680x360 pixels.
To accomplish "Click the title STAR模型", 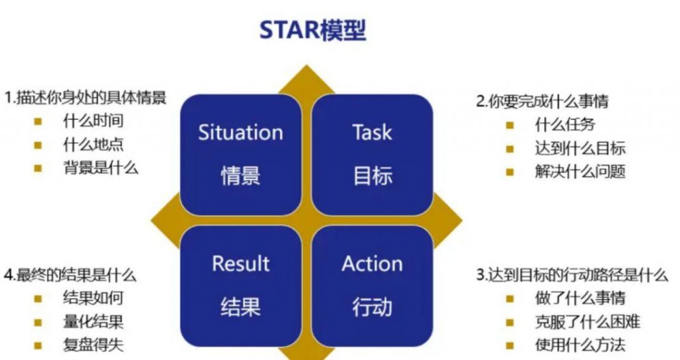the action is click(313, 30).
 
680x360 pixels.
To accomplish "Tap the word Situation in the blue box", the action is click(240, 132).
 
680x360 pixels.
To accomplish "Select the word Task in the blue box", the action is click(372, 132).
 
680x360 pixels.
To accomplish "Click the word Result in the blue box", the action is click(240, 264).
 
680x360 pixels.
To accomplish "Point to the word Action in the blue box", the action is click(372, 264).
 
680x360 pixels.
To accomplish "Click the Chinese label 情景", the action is click(240, 175).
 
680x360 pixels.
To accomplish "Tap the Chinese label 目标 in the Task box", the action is click(373, 175).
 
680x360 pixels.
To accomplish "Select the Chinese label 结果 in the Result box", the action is click(240, 307).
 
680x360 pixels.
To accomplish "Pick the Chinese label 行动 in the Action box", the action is click(373, 307).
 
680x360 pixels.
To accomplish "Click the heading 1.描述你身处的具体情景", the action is click(86, 98).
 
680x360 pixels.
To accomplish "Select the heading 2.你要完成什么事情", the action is click(542, 101).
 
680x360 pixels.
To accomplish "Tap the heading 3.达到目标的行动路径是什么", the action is click(572, 275).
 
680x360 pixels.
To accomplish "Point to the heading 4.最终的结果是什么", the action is click(70, 275).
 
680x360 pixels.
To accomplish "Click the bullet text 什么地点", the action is click(93, 144).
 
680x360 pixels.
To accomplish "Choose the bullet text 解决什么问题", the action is click(580, 171).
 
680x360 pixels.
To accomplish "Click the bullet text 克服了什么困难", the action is click(588, 322).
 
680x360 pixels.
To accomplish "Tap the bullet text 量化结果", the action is click(93, 322).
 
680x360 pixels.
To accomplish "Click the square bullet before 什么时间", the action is click(38, 122).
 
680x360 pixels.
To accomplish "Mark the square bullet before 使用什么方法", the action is click(510, 345).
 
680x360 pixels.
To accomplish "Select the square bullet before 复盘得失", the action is click(38, 345).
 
